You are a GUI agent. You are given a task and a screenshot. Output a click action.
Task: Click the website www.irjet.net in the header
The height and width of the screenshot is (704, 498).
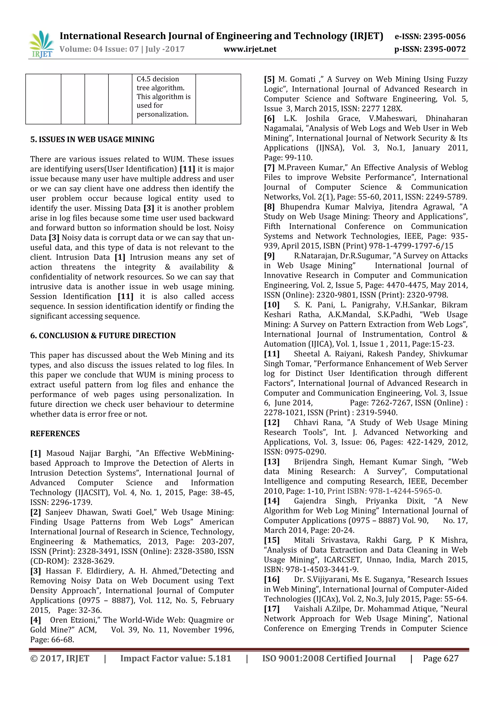250,49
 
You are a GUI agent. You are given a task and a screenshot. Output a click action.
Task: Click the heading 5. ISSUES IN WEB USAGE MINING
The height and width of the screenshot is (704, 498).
92,140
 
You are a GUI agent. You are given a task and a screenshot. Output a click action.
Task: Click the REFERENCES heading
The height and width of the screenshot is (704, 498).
55,434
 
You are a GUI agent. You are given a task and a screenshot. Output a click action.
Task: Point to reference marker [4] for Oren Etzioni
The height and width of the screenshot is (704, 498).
36,620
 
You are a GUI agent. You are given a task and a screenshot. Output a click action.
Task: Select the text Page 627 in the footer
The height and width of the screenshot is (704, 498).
440,658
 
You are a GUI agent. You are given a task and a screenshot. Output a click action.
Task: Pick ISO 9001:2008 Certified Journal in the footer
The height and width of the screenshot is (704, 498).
329,658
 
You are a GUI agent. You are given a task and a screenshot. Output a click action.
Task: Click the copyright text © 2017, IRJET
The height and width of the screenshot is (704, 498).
60,658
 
